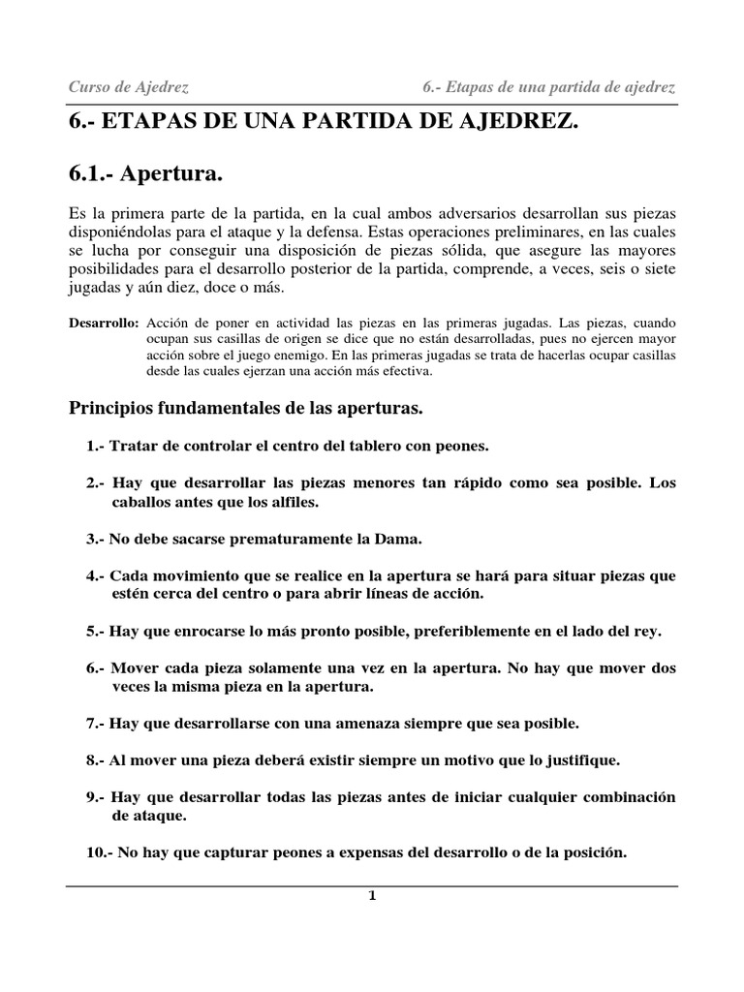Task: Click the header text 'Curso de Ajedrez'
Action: [128, 87]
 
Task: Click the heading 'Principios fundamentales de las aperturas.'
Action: [246, 408]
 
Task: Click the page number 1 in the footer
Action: [371, 895]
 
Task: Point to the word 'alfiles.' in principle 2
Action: [290, 502]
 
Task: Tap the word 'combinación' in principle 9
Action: [624, 797]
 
